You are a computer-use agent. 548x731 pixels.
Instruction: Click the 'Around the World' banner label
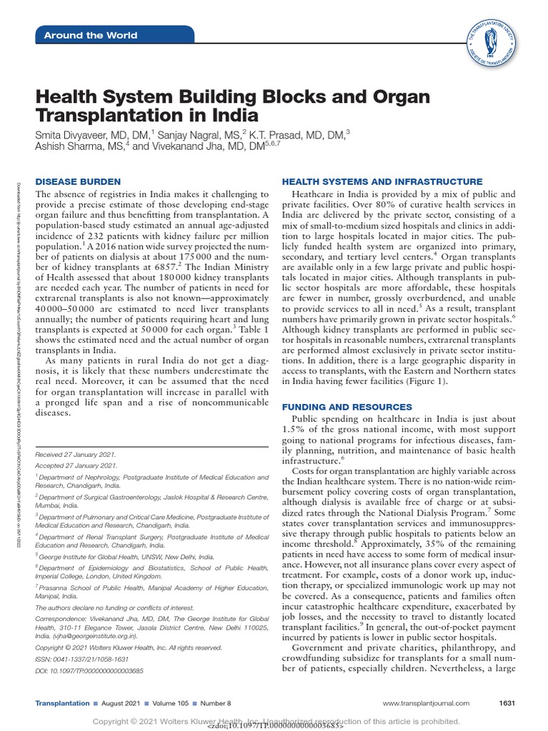(91, 36)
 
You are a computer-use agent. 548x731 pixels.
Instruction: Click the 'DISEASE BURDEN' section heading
(78, 182)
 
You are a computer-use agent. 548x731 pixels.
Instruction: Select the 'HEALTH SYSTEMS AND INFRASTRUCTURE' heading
(382, 182)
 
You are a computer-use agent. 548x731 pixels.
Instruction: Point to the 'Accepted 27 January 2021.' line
(76, 465)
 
